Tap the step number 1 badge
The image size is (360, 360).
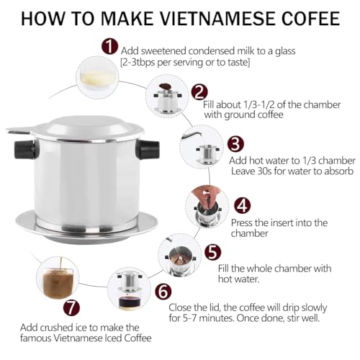click(x=109, y=47)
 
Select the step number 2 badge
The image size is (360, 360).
click(x=199, y=92)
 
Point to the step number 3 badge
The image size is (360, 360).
click(x=235, y=144)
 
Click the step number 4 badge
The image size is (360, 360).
click(x=242, y=206)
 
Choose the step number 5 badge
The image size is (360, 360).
click(x=213, y=252)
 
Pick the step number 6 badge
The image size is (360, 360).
click(x=163, y=292)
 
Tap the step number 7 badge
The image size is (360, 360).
click(x=71, y=308)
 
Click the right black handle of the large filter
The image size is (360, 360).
click(x=148, y=150)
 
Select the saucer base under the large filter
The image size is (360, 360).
click(x=86, y=227)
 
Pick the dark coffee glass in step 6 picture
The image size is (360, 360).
click(x=129, y=302)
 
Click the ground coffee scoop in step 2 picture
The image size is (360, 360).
click(x=165, y=86)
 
